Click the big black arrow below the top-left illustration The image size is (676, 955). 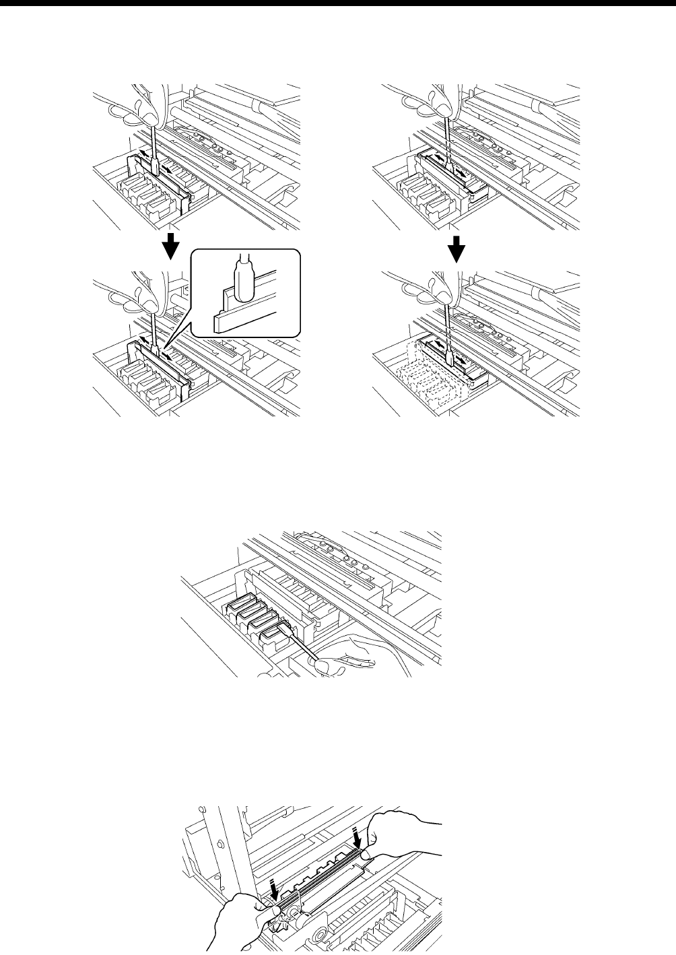172,246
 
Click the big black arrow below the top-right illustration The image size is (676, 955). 458,250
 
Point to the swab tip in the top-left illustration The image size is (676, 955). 154,166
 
